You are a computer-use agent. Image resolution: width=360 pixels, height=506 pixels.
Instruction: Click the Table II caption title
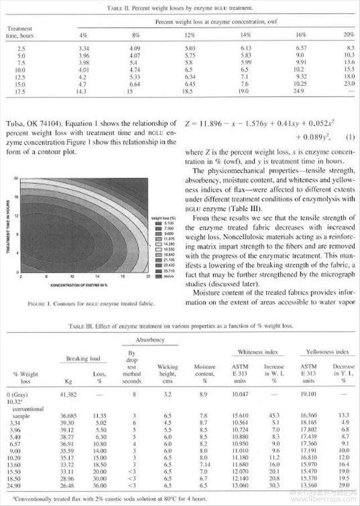pos(181,8)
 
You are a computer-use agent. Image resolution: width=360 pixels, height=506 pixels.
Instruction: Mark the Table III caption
pos(180,326)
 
